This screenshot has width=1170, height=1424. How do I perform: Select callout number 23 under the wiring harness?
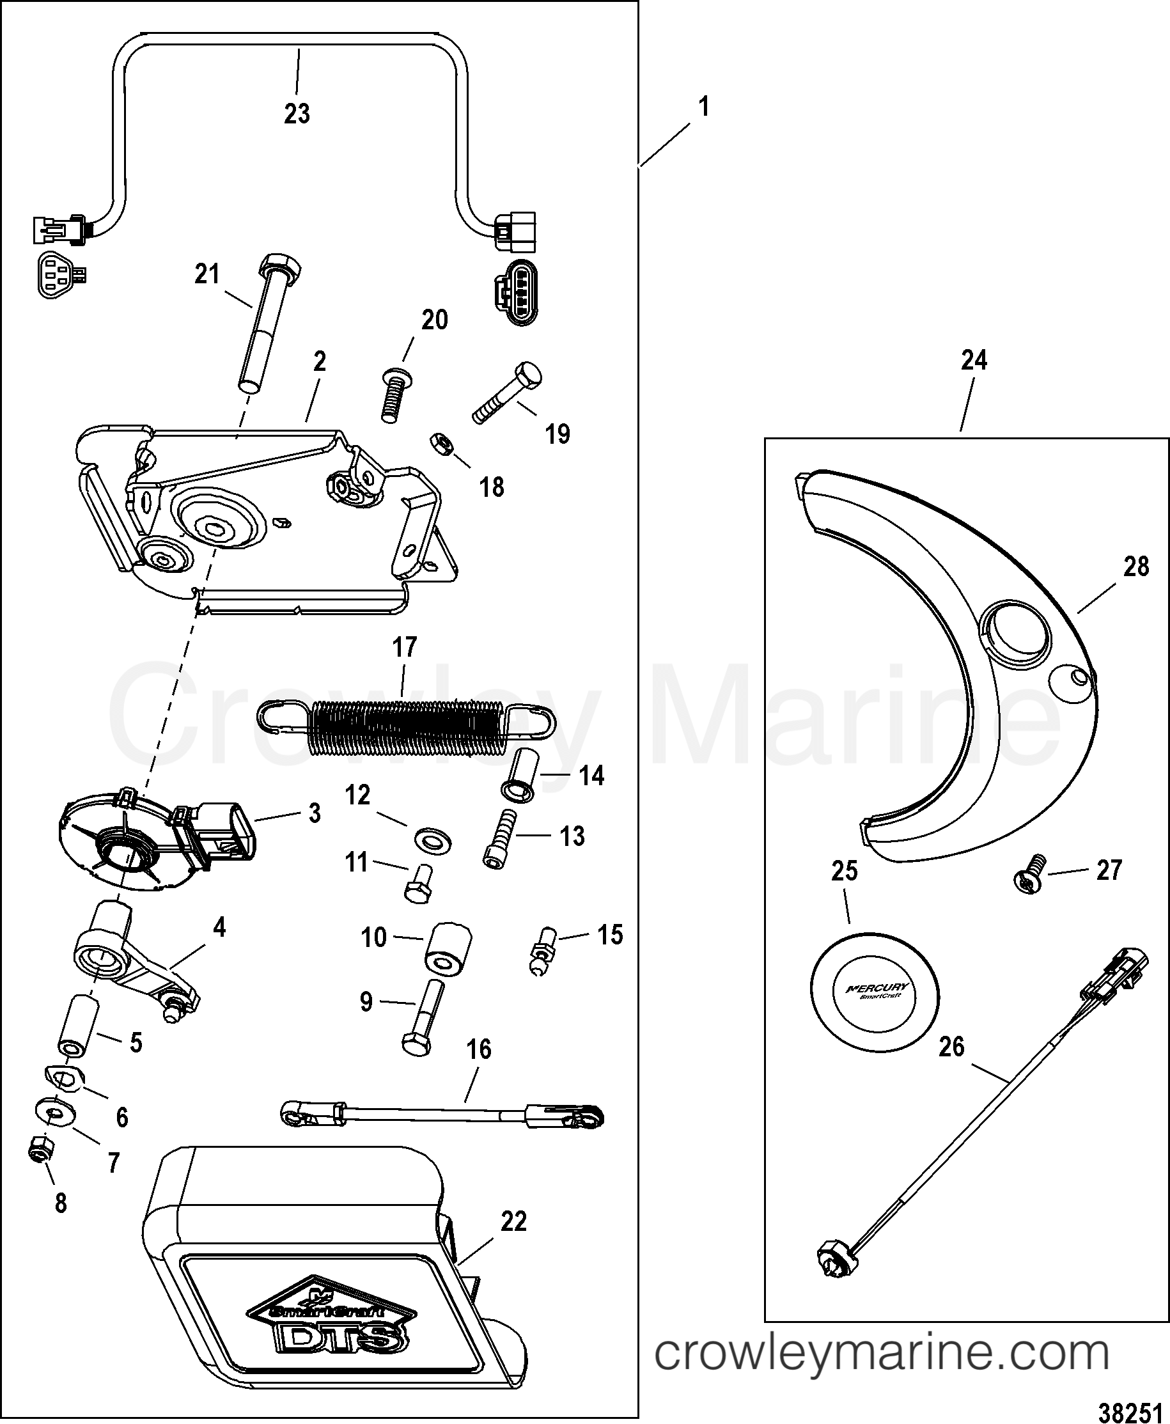click(297, 113)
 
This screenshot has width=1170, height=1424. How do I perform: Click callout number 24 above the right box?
click(974, 361)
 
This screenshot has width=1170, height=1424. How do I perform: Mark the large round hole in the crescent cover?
click(1016, 630)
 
